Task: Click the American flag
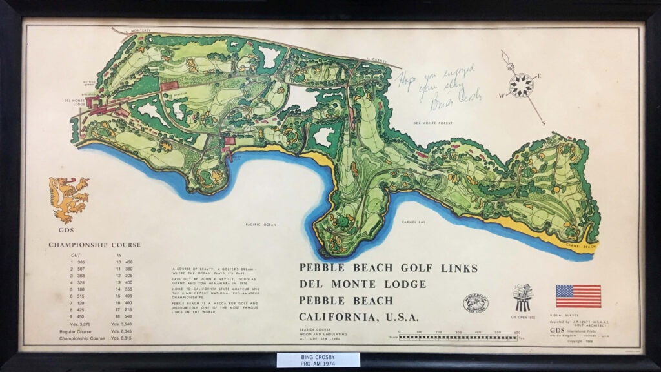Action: coord(578,296)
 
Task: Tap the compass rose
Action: coord(521,85)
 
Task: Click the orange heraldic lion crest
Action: coord(68,200)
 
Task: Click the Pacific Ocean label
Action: coord(261,225)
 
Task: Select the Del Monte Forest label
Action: coord(433,123)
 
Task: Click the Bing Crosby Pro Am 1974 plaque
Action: coord(318,360)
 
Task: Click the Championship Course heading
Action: coord(94,245)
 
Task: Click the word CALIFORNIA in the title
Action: coord(336,317)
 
